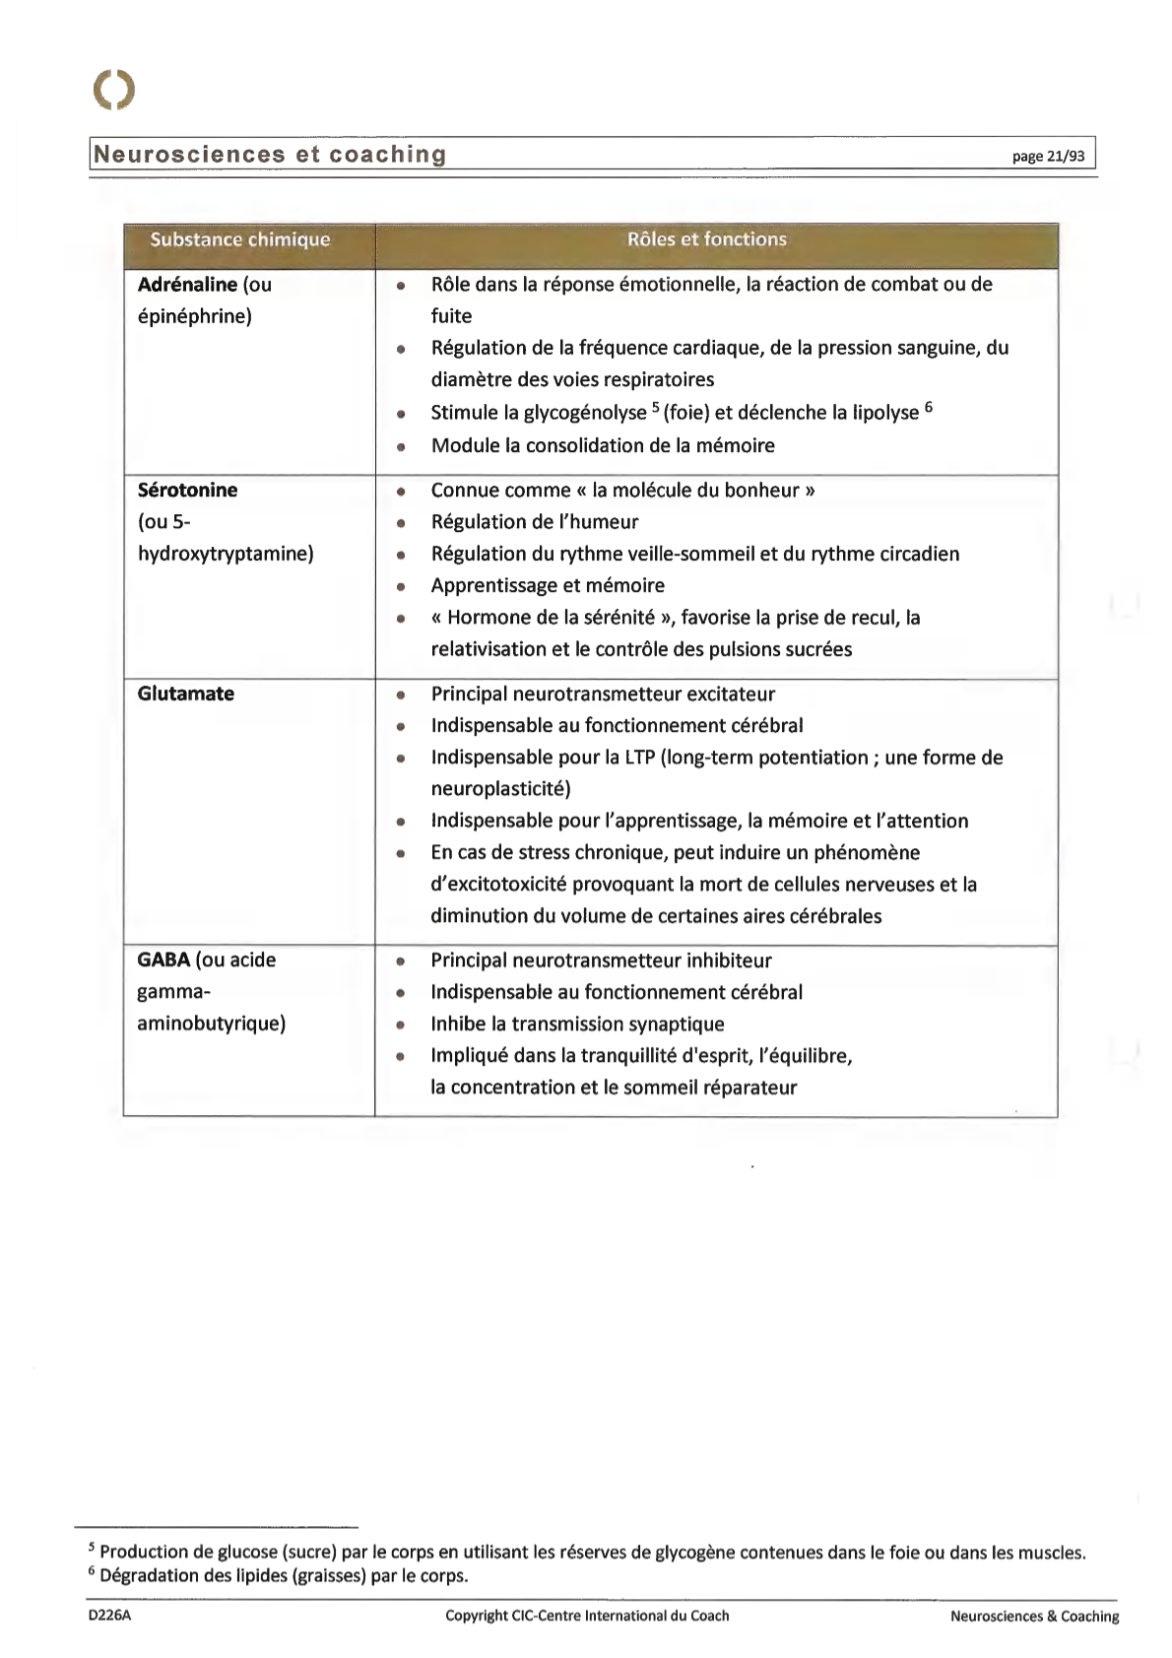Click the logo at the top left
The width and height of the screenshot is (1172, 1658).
coord(114,90)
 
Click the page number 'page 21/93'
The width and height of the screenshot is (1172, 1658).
coord(1048,156)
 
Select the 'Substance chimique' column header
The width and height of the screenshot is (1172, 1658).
coord(239,239)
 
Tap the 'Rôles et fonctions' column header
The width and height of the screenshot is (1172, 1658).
coord(706,239)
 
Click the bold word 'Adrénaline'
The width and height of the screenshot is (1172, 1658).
coord(187,285)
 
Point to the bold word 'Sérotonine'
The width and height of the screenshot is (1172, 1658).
coord(187,490)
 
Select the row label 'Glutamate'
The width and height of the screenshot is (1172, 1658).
coord(185,694)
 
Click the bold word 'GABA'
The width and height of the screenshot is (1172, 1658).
coord(163,960)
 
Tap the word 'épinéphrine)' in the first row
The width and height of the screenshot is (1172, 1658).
coord(194,316)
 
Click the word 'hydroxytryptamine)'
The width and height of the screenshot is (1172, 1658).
coord(226,554)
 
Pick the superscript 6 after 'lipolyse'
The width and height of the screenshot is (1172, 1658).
coord(928,406)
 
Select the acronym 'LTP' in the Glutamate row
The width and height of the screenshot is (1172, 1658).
coord(640,758)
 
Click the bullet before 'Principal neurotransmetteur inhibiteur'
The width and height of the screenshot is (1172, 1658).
coord(401,962)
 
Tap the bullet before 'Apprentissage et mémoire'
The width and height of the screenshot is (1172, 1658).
coord(401,587)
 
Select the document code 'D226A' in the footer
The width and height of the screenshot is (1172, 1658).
coord(109,1616)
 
